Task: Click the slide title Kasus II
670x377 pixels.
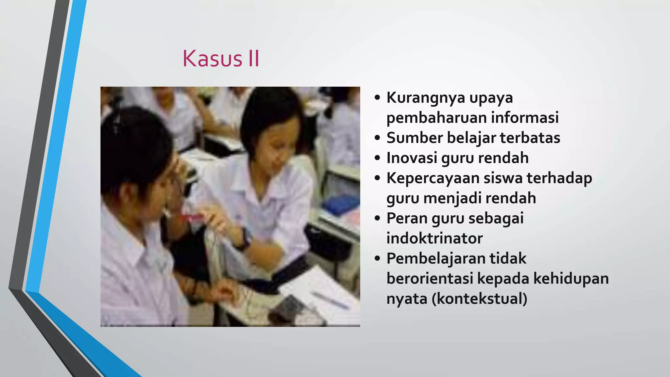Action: (x=221, y=59)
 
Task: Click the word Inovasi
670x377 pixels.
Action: (x=411, y=158)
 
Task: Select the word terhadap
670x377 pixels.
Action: (x=559, y=178)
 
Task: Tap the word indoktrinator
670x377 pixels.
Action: (x=434, y=238)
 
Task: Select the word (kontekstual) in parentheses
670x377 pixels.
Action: (x=480, y=299)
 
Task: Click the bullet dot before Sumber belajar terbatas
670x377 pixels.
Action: (x=378, y=138)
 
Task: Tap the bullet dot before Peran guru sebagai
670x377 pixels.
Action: (x=378, y=219)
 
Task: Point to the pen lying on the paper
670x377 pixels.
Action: (x=330, y=300)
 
